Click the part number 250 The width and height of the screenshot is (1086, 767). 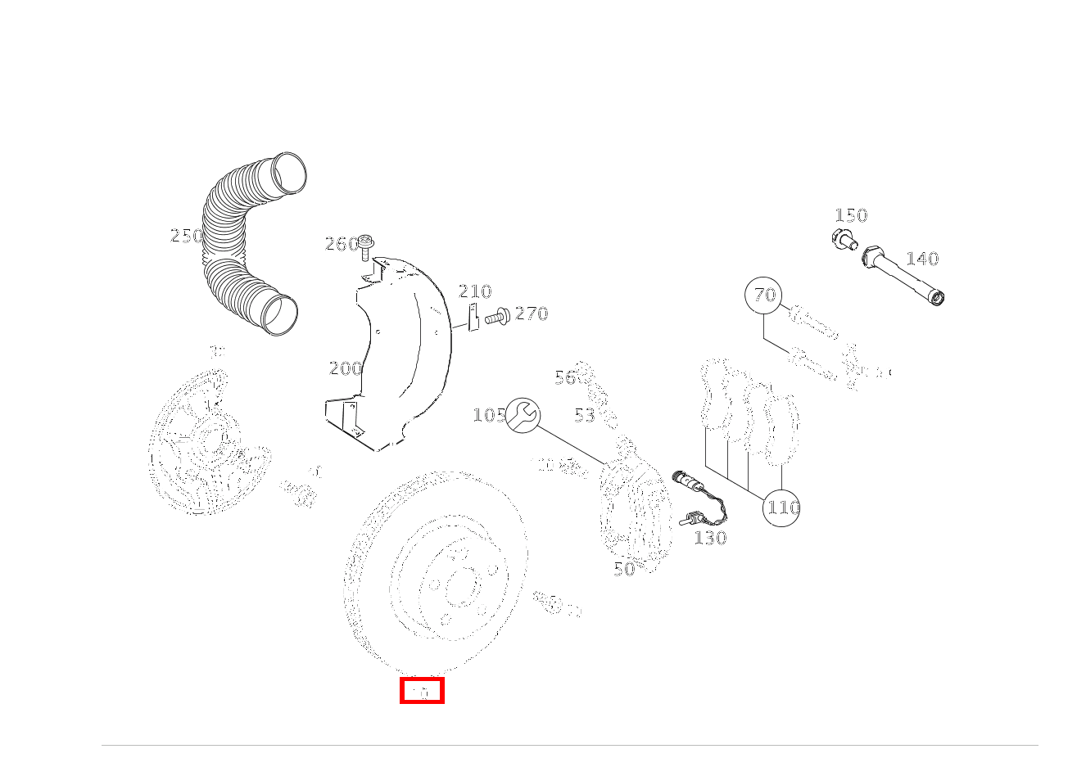[186, 236]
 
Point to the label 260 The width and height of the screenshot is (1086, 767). [341, 244]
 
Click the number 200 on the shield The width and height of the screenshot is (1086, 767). [345, 368]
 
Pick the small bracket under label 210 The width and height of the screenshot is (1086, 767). [473, 318]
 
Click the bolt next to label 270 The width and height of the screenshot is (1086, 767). [497, 315]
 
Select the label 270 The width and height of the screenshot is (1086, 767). [532, 314]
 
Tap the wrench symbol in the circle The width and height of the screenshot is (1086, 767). [523, 415]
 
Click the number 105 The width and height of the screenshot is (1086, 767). [489, 415]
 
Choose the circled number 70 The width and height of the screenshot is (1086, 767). [764, 296]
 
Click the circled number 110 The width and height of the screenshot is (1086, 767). [781, 508]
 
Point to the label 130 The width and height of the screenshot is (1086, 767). [710, 538]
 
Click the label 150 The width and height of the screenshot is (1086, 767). [850, 215]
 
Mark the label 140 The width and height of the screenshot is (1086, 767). [921, 259]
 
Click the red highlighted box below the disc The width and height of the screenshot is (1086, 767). [422, 691]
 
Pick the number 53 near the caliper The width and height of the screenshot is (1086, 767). [584, 416]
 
